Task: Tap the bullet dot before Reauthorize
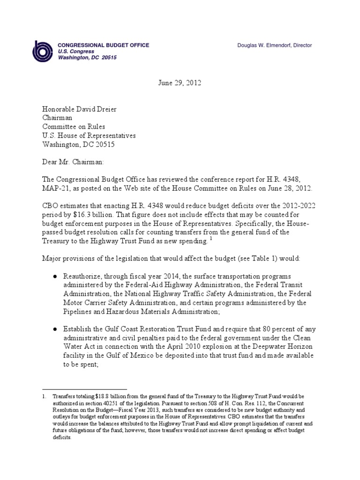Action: pos(55,277)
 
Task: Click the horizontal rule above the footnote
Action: pos(84,389)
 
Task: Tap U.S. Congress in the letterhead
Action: pos(76,52)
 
